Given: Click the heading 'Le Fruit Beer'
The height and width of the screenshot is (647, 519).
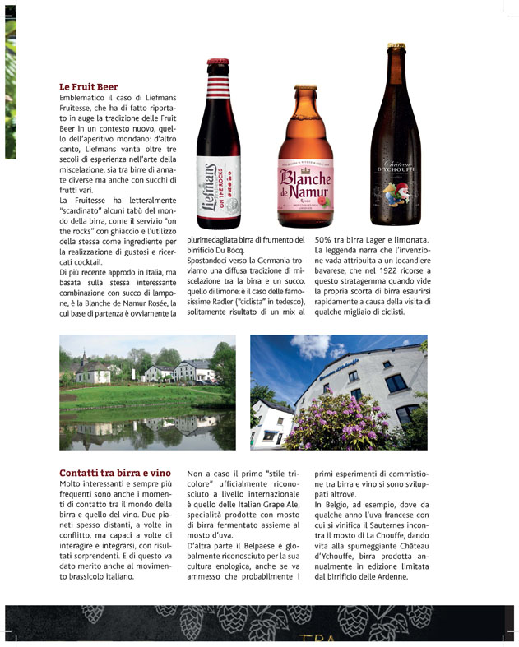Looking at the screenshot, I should [x=89, y=86].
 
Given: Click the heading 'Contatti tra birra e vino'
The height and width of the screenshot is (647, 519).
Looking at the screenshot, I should [x=115, y=473].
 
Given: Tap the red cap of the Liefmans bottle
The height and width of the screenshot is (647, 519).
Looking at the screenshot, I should [x=218, y=62].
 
